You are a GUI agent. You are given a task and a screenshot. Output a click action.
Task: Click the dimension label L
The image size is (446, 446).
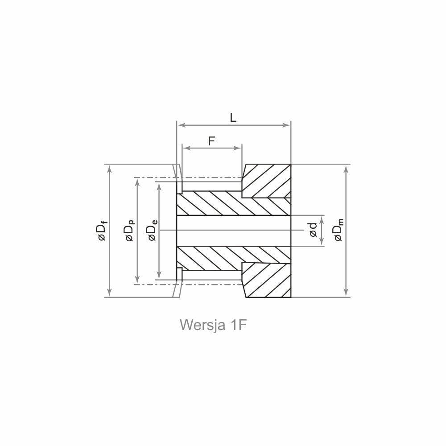tap(233, 117)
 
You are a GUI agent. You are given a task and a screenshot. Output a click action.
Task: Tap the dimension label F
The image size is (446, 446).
tap(211, 141)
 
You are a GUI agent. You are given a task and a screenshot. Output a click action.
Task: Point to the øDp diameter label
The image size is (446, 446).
tap(130, 231)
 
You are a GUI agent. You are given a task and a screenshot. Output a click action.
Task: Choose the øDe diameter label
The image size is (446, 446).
tap(153, 231)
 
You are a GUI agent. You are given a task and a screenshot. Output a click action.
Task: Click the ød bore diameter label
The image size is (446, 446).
tap(313, 230)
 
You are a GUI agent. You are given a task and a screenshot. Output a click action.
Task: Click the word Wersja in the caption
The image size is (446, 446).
tap(202, 325)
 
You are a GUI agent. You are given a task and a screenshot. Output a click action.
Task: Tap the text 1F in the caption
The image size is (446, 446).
tap(238, 325)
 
